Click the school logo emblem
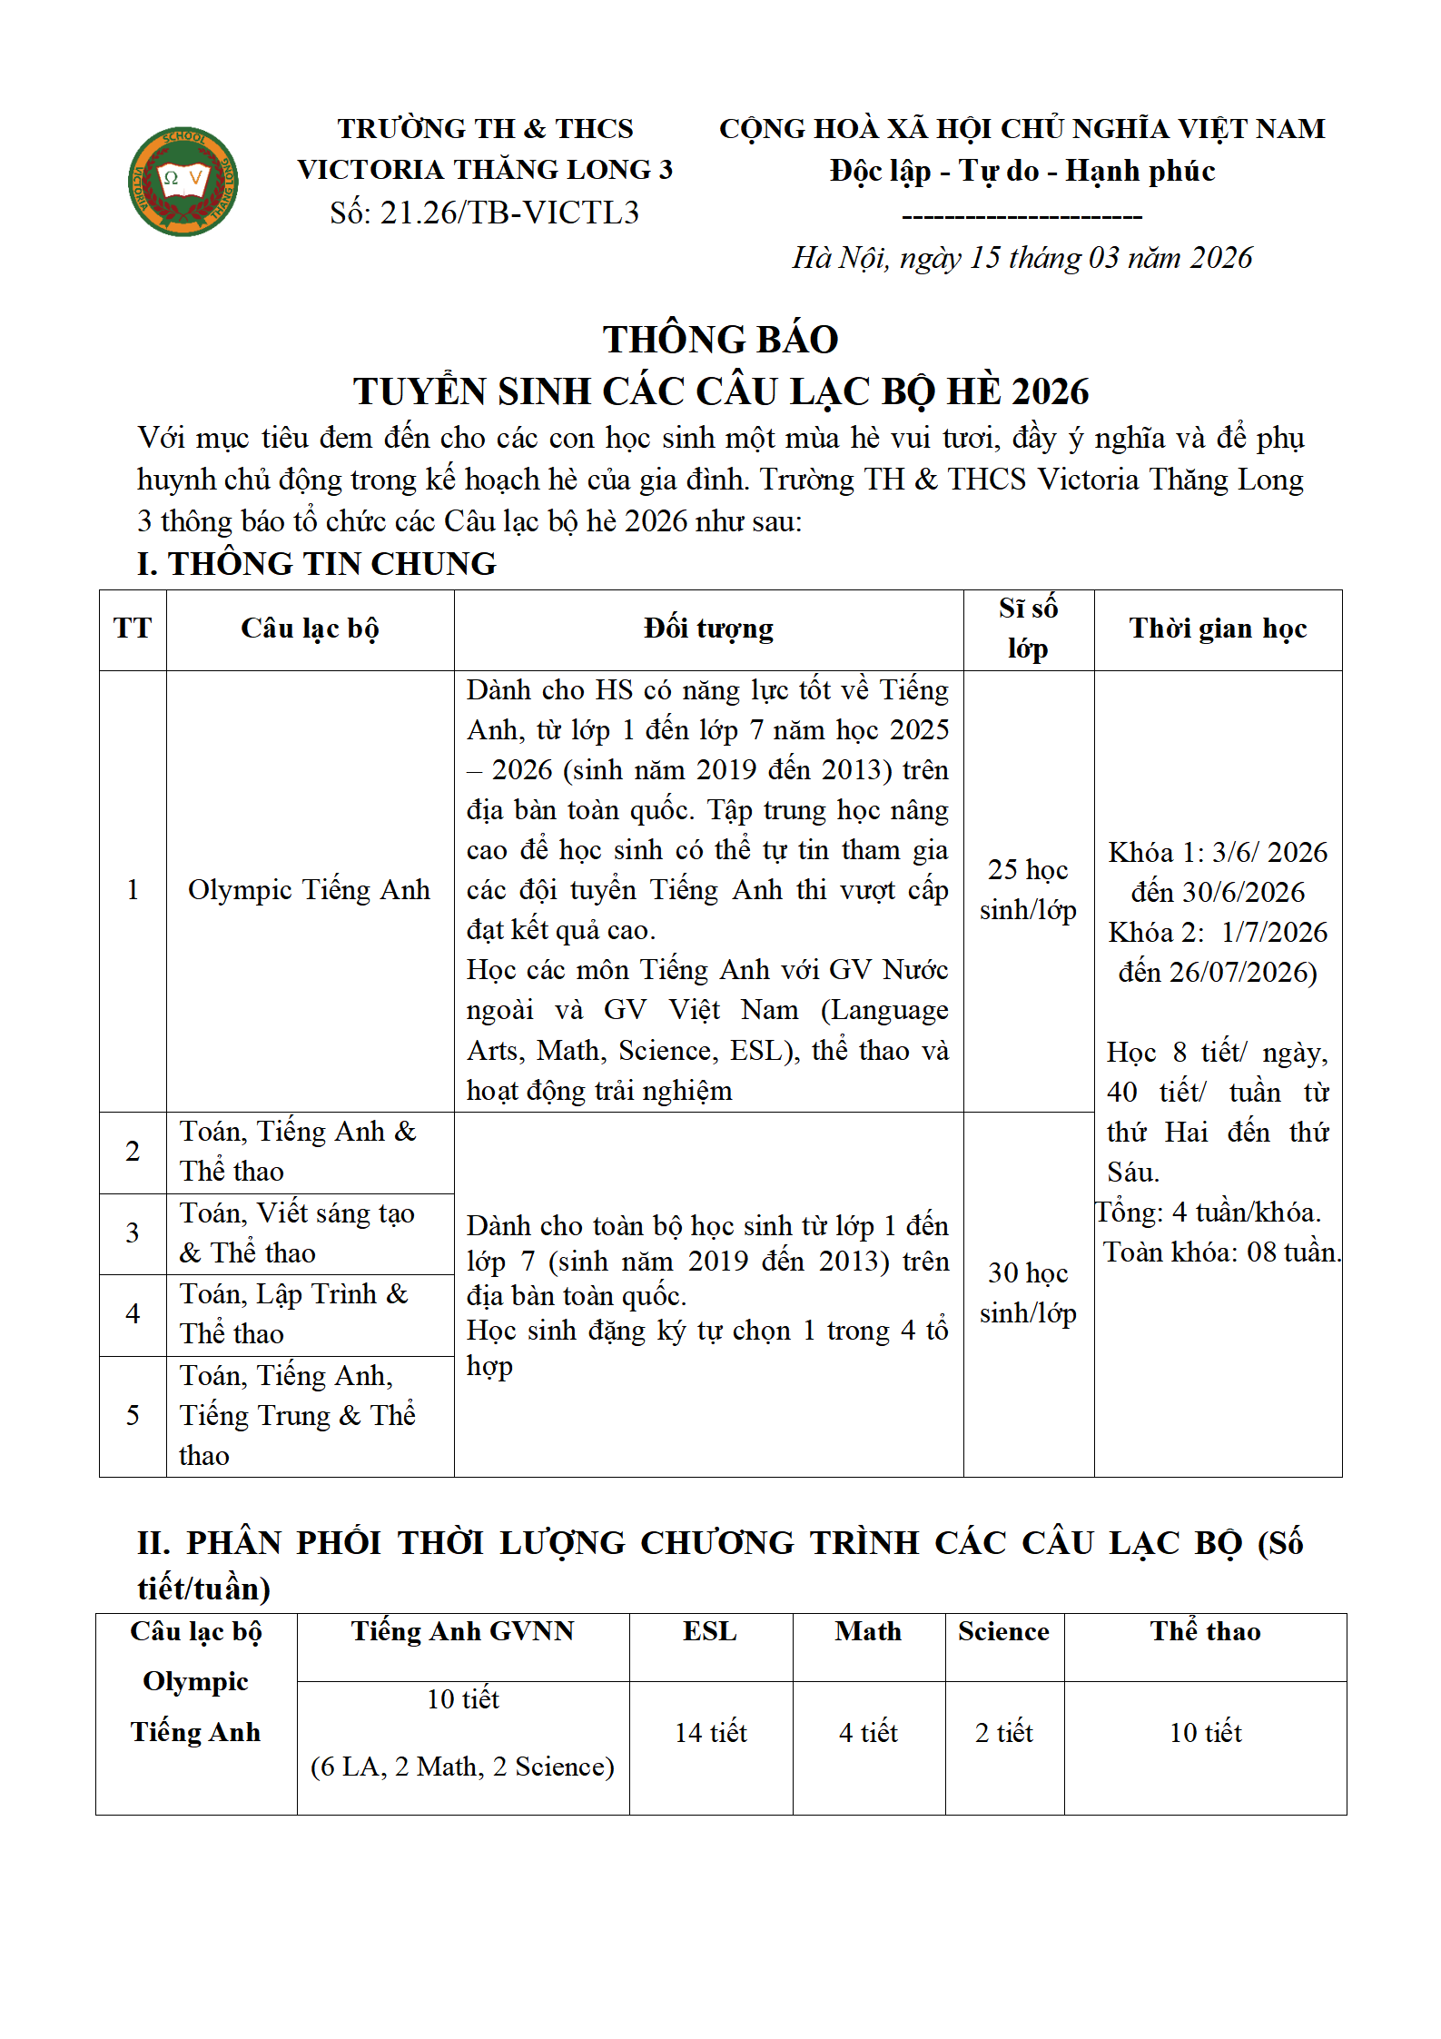tap(183, 182)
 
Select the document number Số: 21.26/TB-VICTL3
tap(484, 213)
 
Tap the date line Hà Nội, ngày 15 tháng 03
tap(1022, 258)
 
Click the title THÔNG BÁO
tap(720, 340)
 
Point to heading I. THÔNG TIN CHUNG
tap(317, 564)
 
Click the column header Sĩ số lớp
tap(1028, 629)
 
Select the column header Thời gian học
tap(1217, 629)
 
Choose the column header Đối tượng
tap(708, 629)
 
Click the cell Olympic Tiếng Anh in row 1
tap(309, 890)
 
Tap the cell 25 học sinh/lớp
tap(1028, 890)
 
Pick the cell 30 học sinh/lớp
tap(1028, 1293)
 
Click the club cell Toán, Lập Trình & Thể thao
tap(294, 1313)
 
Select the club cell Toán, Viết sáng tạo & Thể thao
tap(297, 1232)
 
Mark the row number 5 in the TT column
tap(133, 1415)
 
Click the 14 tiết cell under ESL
tap(710, 1733)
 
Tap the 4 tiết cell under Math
tap(868, 1733)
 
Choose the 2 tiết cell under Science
tap(1003, 1733)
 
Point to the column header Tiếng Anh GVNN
tap(463, 1632)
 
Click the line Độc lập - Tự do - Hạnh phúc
tap(1022, 171)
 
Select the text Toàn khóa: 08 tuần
tap(1220, 1252)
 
